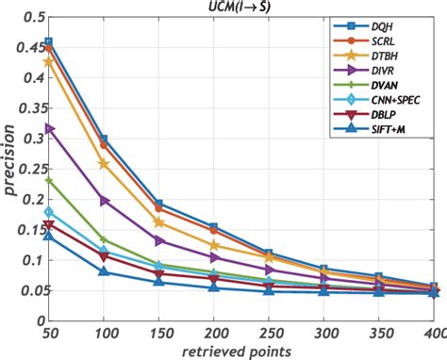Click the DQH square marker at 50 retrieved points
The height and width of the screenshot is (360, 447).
point(49,42)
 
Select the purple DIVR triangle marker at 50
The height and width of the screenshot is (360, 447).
point(49,128)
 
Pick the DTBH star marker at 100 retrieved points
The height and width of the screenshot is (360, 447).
point(104,164)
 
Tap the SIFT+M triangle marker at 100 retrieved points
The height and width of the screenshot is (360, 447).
point(104,271)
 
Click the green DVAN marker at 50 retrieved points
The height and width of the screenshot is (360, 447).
point(49,180)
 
